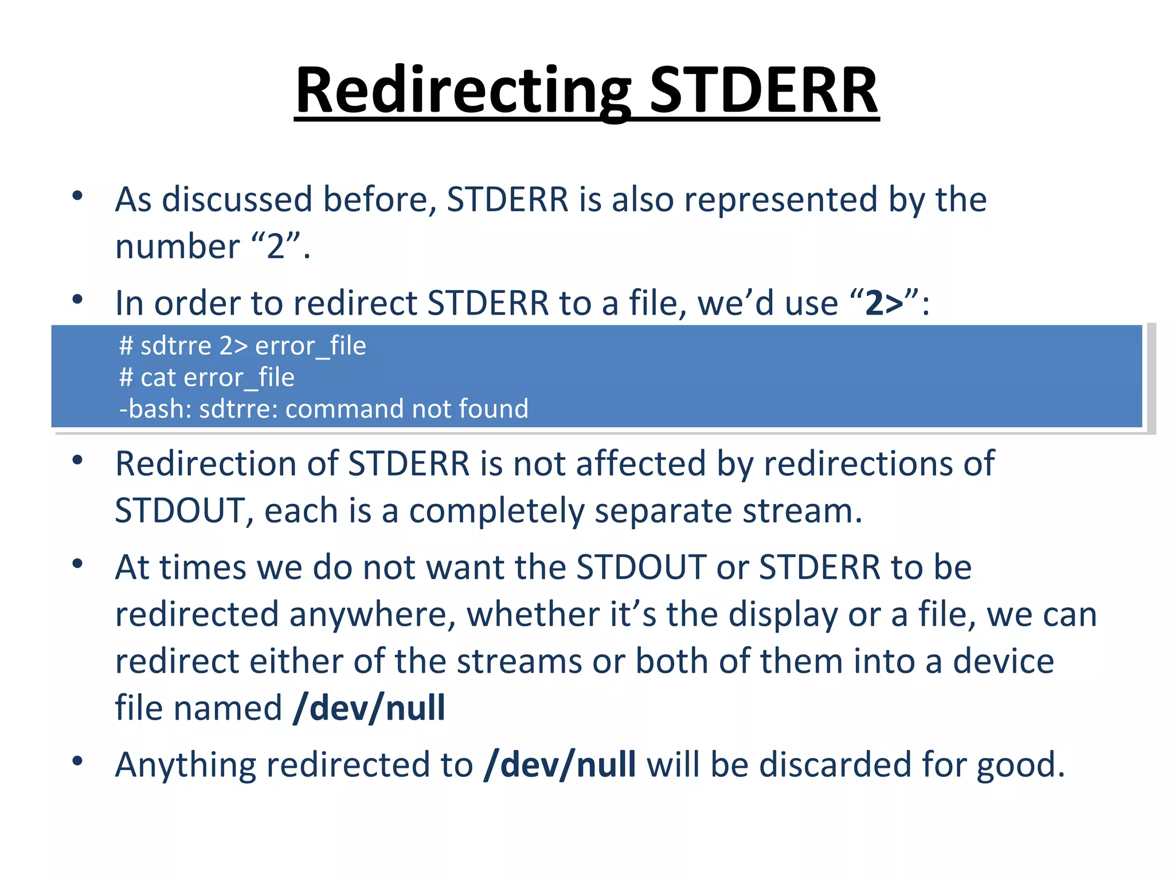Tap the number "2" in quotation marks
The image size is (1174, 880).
point(276,246)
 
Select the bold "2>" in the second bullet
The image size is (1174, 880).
point(884,303)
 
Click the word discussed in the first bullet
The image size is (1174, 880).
point(237,200)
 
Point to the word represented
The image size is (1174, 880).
point(781,200)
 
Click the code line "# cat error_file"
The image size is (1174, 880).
point(207,378)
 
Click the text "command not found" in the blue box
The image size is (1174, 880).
point(406,409)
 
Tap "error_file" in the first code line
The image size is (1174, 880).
point(310,346)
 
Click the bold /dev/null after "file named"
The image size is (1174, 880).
point(369,708)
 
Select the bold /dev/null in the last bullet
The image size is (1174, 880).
point(559,765)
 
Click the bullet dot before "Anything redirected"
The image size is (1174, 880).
point(78,761)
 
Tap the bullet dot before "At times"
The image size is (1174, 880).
point(78,564)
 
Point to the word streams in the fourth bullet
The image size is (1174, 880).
point(519,662)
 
